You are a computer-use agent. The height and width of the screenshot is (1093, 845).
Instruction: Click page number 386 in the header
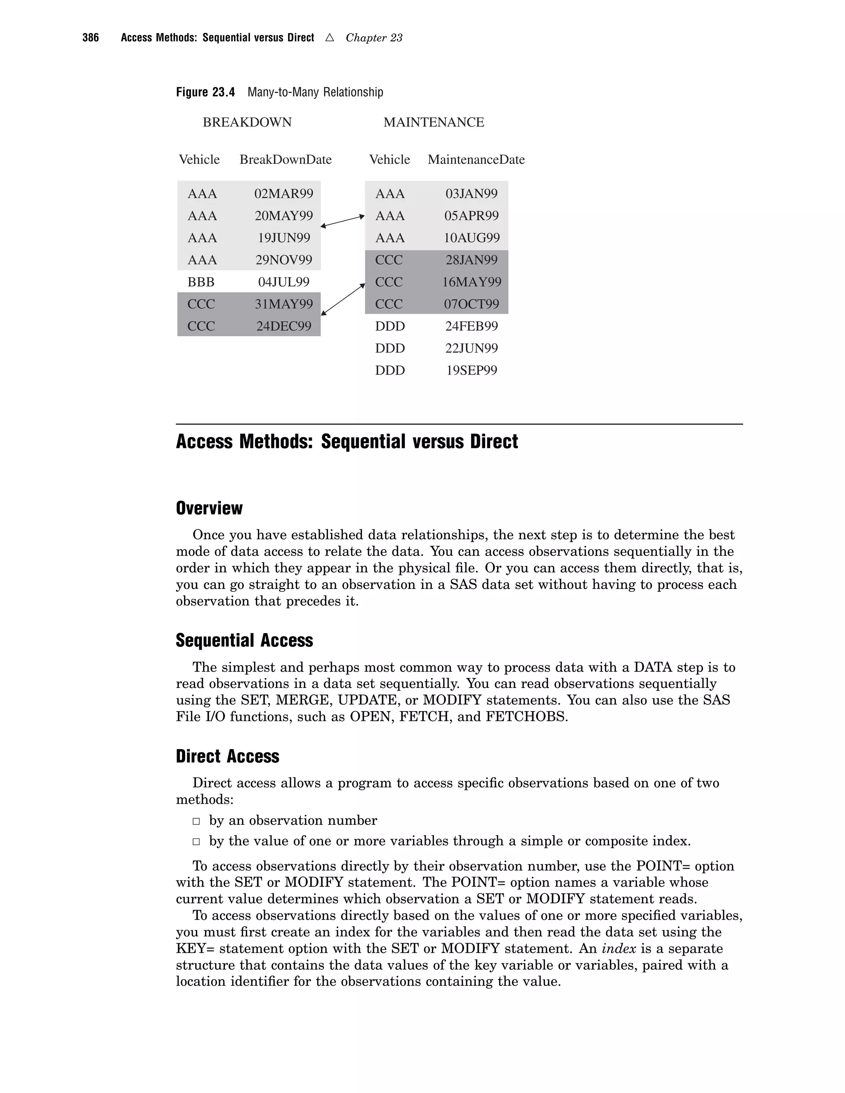(x=91, y=38)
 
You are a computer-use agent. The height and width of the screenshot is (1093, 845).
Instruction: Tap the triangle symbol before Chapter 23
(x=329, y=38)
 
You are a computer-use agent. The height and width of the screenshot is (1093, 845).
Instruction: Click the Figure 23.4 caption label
(x=205, y=92)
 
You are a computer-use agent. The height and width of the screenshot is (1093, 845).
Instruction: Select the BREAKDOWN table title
(x=247, y=122)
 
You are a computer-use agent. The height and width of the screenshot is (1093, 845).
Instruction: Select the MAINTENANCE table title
(x=434, y=122)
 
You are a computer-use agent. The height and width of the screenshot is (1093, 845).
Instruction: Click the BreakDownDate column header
(x=286, y=160)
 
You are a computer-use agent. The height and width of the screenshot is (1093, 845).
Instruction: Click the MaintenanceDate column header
(x=476, y=160)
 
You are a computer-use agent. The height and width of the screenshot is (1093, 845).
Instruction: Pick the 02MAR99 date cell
(x=283, y=194)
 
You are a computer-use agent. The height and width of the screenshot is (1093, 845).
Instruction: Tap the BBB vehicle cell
(x=201, y=282)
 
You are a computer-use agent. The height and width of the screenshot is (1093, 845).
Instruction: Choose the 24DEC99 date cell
(x=283, y=326)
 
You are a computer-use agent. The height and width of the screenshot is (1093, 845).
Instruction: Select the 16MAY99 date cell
(x=471, y=282)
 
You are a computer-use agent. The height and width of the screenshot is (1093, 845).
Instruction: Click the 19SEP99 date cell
(x=471, y=370)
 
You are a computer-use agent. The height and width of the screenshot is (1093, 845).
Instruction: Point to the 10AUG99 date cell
(x=471, y=238)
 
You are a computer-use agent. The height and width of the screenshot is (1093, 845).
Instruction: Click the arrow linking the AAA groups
(x=343, y=221)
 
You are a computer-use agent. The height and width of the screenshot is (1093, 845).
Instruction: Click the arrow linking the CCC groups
(x=343, y=299)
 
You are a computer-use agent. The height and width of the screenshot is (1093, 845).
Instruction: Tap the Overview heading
(x=209, y=508)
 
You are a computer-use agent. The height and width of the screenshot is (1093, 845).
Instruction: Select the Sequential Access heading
(x=244, y=640)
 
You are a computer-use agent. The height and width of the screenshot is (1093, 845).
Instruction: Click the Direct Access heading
(x=227, y=756)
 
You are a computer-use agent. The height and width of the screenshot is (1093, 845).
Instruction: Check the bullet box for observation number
(x=197, y=821)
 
